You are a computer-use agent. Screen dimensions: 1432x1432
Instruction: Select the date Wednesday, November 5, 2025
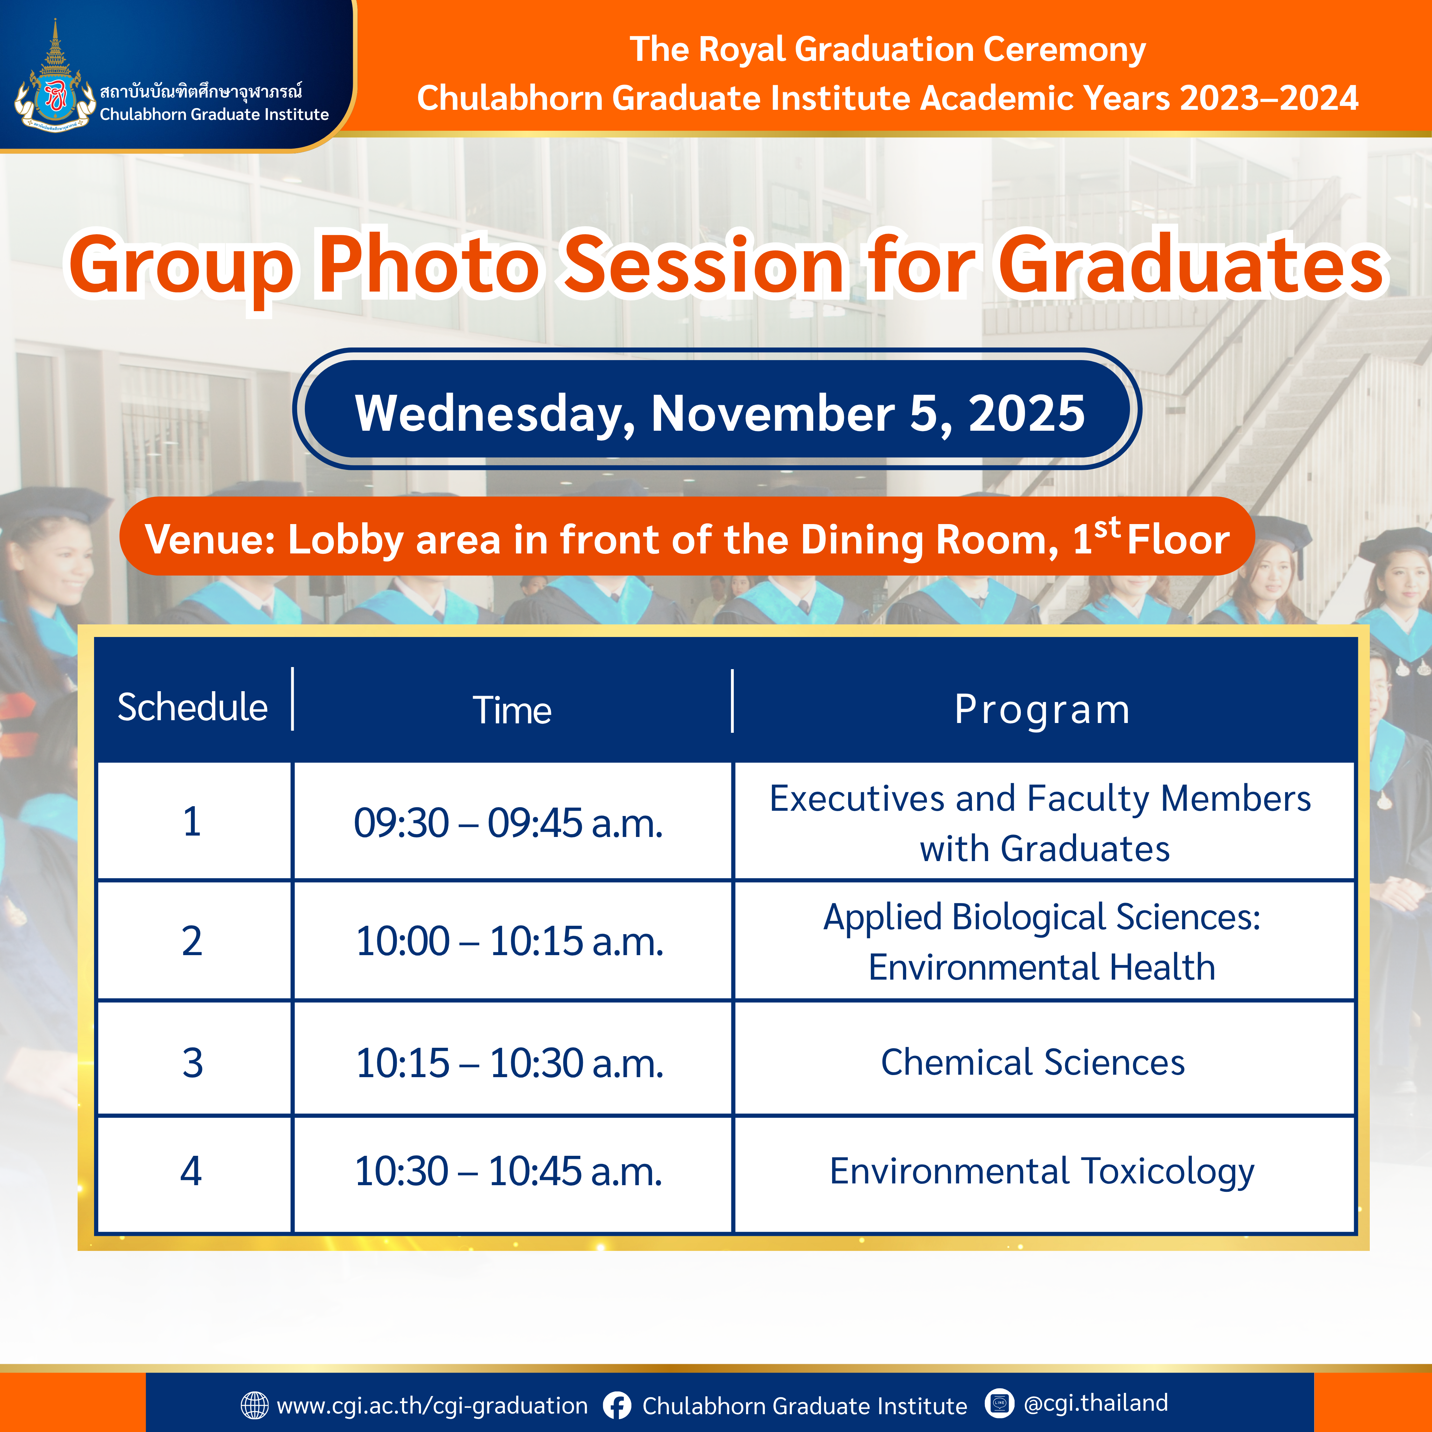click(x=720, y=413)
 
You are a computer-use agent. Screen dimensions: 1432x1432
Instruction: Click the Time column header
click(x=512, y=710)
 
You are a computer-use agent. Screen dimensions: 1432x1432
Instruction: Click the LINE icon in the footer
click(x=999, y=1402)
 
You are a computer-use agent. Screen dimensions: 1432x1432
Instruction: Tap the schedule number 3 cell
click(x=193, y=1062)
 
